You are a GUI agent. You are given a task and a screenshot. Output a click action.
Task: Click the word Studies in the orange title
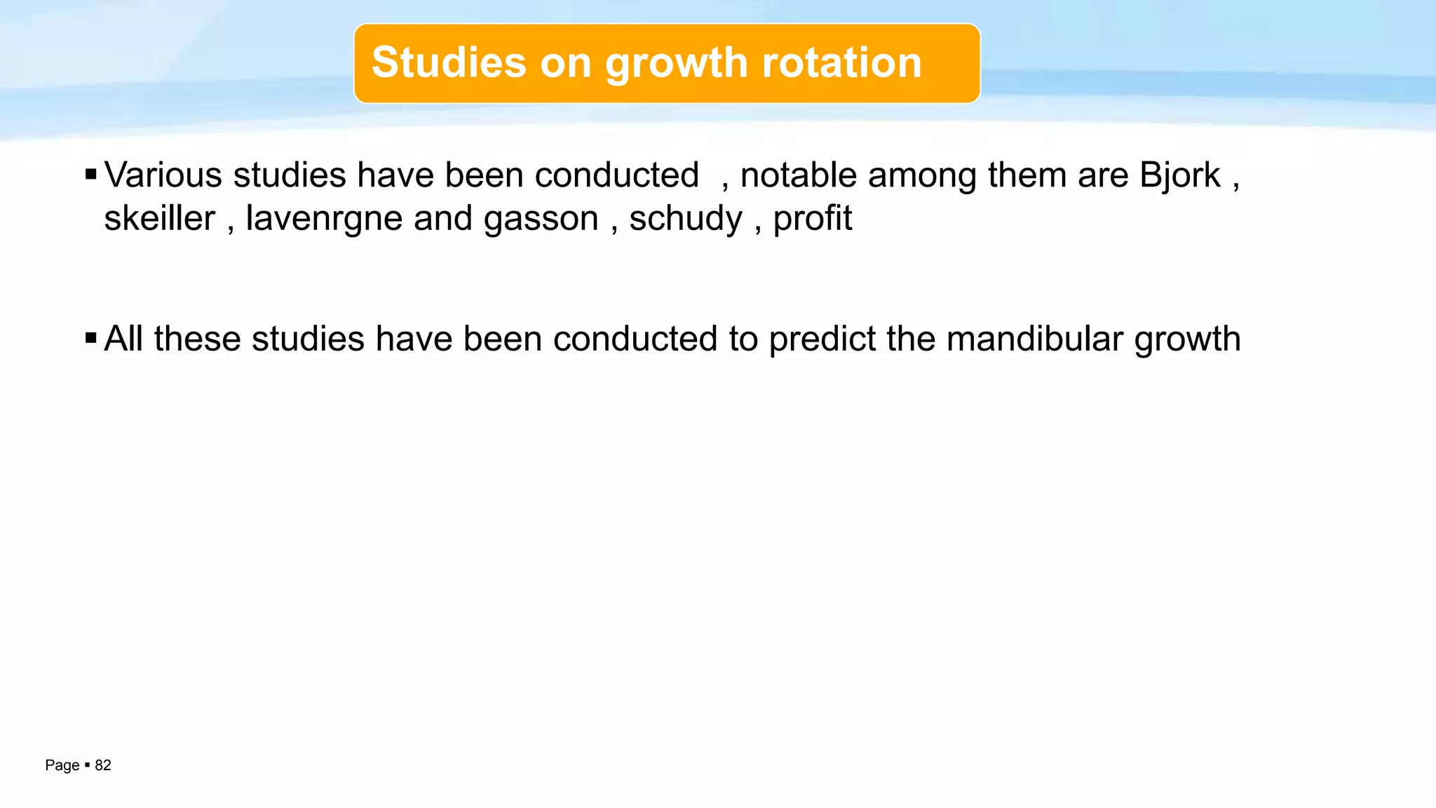[449, 62]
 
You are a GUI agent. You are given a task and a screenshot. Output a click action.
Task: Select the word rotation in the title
[841, 62]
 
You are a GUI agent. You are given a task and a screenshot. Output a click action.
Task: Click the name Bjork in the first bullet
[1179, 176]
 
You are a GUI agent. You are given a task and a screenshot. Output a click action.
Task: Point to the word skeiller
[160, 218]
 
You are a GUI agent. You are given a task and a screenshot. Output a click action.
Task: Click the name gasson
[541, 220]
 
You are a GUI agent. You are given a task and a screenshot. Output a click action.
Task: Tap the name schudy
[685, 220]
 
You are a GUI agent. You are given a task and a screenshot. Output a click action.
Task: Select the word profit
[812, 220]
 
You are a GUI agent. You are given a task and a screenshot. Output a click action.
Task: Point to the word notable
[799, 175]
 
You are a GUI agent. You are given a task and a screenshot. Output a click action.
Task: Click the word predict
[822, 339]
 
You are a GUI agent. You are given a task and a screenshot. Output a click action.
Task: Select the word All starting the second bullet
[123, 339]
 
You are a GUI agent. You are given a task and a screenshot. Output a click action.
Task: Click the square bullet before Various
[90, 174]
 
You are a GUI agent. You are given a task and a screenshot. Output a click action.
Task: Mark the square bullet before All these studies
[90, 338]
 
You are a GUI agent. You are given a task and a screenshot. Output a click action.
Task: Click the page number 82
[103, 765]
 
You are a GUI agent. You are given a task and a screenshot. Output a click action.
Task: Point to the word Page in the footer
[62, 765]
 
